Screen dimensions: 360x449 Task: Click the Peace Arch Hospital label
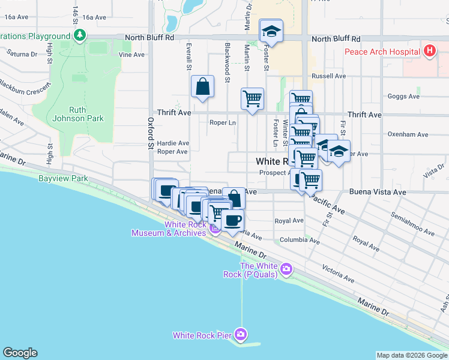click(x=382, y=52)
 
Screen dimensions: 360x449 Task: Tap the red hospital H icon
click(x=429, y=51)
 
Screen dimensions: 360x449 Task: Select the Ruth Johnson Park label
click(x=86, y=114)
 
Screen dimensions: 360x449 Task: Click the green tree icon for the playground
click(x=79, y=36)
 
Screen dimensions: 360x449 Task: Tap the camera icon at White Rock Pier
click(x=241, y=334)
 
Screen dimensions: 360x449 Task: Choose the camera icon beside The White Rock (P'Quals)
click(x=287, y=269)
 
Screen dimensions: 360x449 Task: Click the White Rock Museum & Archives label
click(x=169, y=229)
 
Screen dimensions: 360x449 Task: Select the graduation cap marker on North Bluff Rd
click(x=271, y=31)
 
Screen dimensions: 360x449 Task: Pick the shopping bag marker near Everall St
click(x=203, y=86)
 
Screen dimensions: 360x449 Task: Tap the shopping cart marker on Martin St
click(x=252, y=98)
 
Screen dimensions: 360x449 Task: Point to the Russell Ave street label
click(x=328, y=76)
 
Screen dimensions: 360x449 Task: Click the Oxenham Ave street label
click(x=408, y=134)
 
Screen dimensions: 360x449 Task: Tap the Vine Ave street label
click(x=131, y=55)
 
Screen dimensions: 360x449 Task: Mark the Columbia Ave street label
click(x=300, y=240)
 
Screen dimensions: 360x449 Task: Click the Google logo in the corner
click(x=20, y=353)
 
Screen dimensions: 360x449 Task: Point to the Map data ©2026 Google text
click(x=412, y=356)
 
